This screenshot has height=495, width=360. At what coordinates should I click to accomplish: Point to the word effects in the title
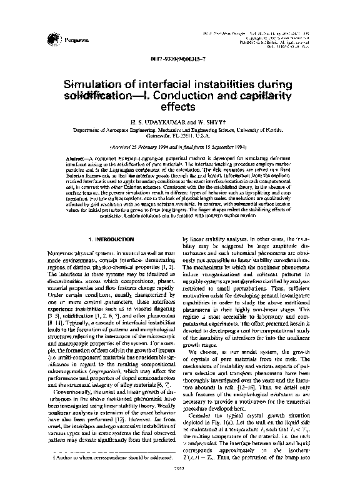click(x=179, y=108)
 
